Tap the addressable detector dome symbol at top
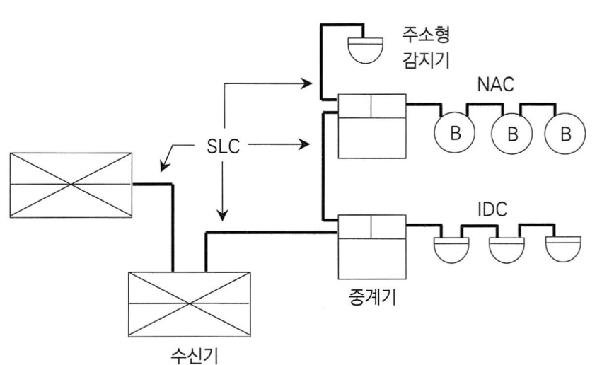(362, 45)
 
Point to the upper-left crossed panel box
(71, 183)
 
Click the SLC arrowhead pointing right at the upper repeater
(308, 146)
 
